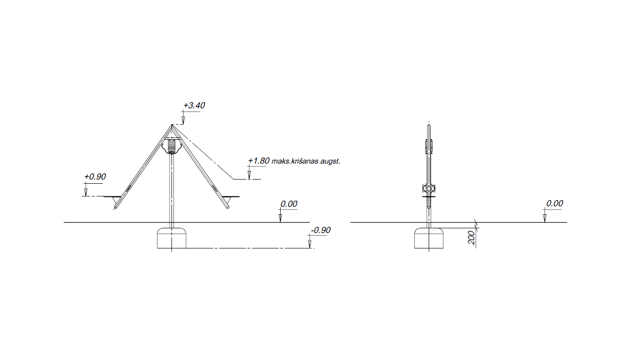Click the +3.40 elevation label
pos(194,105)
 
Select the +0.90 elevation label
pos(95,177)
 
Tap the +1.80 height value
pos(259,161)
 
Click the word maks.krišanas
pos(295,161)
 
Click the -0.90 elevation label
pos(320,230)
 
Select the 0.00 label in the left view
pos(289,204)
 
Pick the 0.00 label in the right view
pos(555,203)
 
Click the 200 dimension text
pos(471,238)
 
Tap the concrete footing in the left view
pos(172,238)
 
